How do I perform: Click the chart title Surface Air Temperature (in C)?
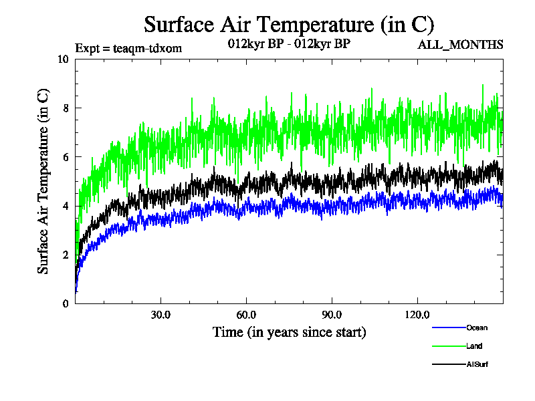click(289, 25)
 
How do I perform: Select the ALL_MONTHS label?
click(460, 45)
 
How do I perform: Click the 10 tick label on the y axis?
click(64, 59)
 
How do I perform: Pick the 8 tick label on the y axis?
click(66, 108)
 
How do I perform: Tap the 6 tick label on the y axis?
click(66, 156)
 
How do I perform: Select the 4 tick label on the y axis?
click(66, 206)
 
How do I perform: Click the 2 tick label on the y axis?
click(66, 255)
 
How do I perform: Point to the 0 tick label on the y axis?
click(66, 303)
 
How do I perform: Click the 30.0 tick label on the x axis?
click(160, 315)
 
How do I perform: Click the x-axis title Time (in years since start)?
click(289, 332)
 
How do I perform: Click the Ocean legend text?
click(477, 327)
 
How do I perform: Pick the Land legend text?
click(474, 346)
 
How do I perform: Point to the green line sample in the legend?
click(449, 346)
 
